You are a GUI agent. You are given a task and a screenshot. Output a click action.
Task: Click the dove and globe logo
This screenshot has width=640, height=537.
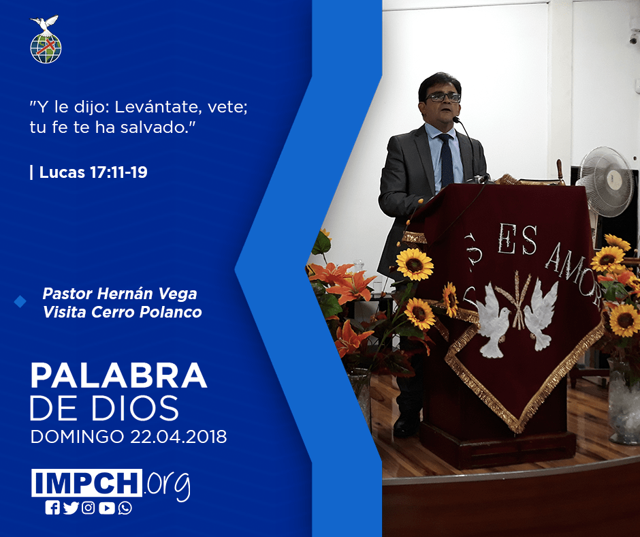pyautogui.click(x=46, y=40)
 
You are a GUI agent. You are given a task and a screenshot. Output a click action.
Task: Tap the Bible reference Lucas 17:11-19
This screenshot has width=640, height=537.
pyautogui.click(x=93, y=172)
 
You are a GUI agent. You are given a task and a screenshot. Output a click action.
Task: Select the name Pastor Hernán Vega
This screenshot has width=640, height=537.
pyautogui.click(x=120, y=294)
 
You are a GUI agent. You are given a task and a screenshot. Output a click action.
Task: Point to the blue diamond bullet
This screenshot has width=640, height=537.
pyautogui.click(x=20, y=302)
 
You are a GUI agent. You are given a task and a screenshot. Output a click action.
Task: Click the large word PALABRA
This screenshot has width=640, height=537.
pyautogui.click(x=118, y=375)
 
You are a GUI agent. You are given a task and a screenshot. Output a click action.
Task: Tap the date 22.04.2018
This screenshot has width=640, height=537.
pyautogui.click(x=179, y=436)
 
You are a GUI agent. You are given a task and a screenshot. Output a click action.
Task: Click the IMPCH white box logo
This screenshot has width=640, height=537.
pyautogui.click(x=86, y=482)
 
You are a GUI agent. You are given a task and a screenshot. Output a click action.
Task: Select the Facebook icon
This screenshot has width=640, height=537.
pyautogui.click(x=52, y=508)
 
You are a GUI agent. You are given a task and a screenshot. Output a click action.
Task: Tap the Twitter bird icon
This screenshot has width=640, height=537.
pyautogui.click(x=71, y=508)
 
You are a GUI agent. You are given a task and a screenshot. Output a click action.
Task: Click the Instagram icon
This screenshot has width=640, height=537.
pyautogui.click(x=88, y=508)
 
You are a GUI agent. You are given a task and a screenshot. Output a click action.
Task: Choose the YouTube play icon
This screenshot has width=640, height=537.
pyautogui.click(x=106, y=508)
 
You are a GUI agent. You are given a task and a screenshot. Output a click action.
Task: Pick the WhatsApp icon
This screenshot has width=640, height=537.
pyautogui.click(x=125, y=508)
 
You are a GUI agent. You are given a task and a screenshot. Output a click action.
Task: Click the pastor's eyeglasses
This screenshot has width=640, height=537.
pyautogui.click(x=443, y=97)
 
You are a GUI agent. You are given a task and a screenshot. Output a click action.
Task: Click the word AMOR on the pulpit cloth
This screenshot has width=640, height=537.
pyautogui.click(x=573, y=273)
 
